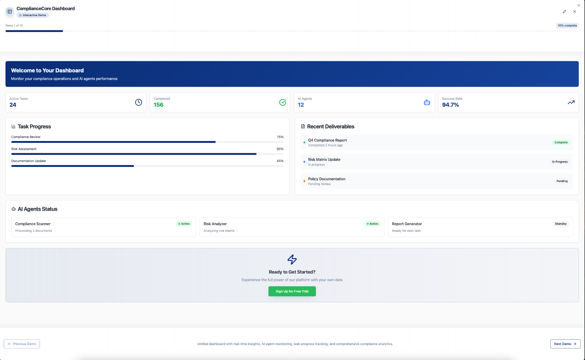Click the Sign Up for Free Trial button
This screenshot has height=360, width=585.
point(292,291)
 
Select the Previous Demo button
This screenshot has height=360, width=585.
point(22,344)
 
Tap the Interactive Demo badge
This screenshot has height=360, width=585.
point(33,15)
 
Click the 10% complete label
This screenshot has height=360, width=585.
point(567,26)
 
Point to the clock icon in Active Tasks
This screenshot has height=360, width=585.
point(138,102)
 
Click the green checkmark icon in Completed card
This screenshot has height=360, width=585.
point(282,102)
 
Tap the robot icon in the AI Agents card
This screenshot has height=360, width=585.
point(427,102)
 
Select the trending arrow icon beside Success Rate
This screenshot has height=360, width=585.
point(571,102)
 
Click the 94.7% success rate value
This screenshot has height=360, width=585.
point(450,105)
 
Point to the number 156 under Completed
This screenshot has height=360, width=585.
point(158,105)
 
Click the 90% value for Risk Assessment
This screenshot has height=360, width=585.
point(280,149)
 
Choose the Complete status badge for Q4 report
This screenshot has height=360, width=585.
point(561,142)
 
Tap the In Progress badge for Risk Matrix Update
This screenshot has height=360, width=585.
point(560,162)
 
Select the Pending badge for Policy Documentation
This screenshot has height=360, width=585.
point(562,181)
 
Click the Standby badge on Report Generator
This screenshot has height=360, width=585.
point(561,224)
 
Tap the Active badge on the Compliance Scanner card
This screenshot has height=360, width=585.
point(184,224)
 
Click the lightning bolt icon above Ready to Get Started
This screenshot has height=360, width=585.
point(292,259)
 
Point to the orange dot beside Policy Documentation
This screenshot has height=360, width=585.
point(304,181)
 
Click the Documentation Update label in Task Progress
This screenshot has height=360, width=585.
point(29,161)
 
